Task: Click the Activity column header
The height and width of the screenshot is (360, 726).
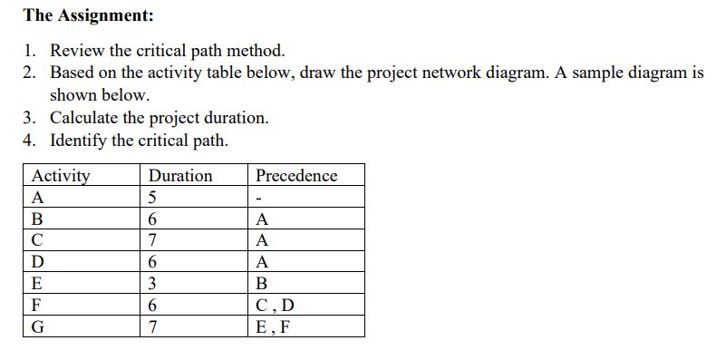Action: pyautogui.click(x=61, y=175)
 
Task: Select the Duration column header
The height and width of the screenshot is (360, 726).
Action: pyautogui.click(x=179, y=175)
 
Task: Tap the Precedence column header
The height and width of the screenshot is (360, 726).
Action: pyautogui.click(x=295, y=175)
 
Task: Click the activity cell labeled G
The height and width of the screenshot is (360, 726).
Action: pyautogui.click(x=38, y=327)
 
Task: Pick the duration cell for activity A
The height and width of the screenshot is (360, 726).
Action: pyautogui.click(x=153, y=197)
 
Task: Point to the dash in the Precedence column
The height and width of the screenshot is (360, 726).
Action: pyautogui.click(x=259, y=198)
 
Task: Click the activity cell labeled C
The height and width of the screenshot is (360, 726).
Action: pyautogui.click(x=37, y=240)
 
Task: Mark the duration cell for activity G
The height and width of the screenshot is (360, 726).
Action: pyautogui.click(x=153, y=327)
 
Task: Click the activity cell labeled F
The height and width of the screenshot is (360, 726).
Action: pyautogui.click(x=36, y=306)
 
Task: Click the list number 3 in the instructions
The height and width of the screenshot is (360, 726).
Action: pyautogui.click(x=30, y=118)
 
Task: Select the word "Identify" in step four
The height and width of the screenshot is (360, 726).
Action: pyautogui.click(x=78, y=141)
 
